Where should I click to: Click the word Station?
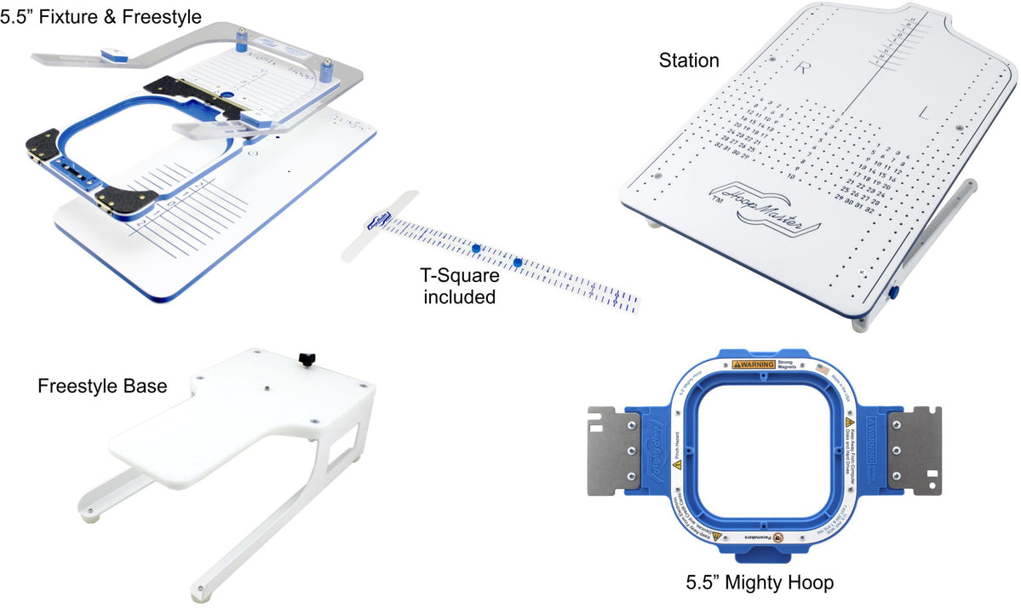[689, 60]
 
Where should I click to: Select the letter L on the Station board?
[925, 112]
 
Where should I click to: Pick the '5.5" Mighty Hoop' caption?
[760, 583]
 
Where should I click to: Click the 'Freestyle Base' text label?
[102, 386]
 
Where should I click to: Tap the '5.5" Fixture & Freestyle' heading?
[101, 15]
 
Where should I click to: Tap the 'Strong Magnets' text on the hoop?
[797, 365]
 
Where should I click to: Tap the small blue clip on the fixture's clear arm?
[112, 55]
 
